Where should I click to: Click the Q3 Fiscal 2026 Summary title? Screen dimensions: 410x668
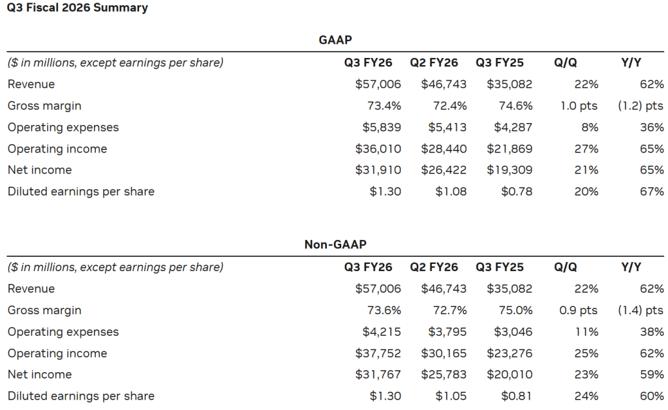tap(78, 8)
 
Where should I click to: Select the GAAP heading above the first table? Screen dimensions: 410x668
tap(335, 40)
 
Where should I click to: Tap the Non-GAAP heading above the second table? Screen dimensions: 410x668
tap(335, 244)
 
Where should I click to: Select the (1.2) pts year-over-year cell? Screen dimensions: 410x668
tap(641, 106)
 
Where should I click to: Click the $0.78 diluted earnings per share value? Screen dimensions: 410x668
tap(517, 192)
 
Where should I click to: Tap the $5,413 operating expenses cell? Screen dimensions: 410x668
tap(448, 127)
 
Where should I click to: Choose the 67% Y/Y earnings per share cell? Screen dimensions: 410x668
tap(652, 192)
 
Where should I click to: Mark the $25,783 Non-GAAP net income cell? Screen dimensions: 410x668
tap(444, 375)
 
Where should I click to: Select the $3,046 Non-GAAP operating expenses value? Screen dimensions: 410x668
tap(513, 332)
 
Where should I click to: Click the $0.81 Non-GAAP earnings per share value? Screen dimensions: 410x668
tap(517, 396)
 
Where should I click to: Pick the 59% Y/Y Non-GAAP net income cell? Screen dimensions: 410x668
tap(652, 375)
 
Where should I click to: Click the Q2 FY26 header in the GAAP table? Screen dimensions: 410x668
tap(434, 63)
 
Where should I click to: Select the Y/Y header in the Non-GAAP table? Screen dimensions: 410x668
tap(631, 267)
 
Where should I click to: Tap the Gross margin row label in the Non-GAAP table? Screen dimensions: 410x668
tap(44, 310)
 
